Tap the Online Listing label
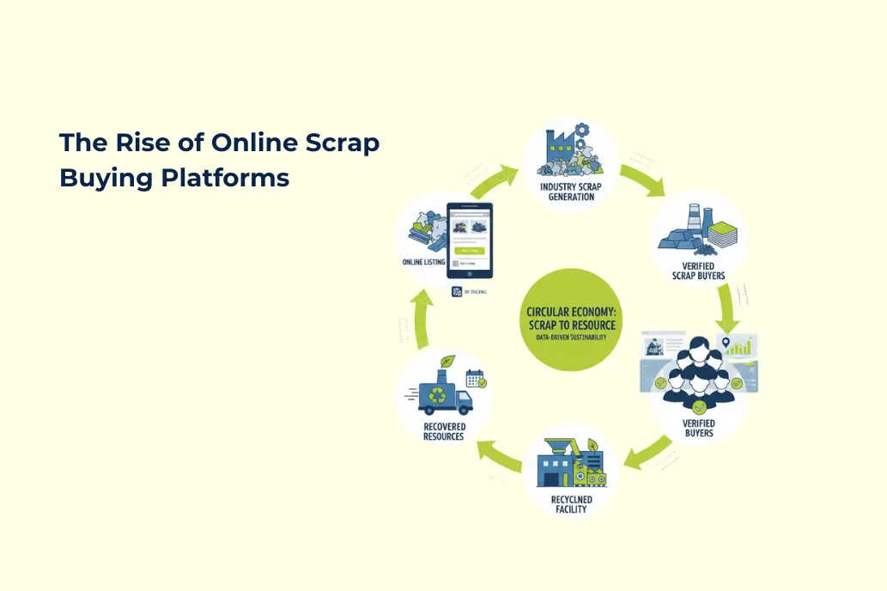point(423,262)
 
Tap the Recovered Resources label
point(444,431)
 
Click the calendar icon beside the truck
point(475,378)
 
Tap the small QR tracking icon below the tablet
point(457,291)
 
